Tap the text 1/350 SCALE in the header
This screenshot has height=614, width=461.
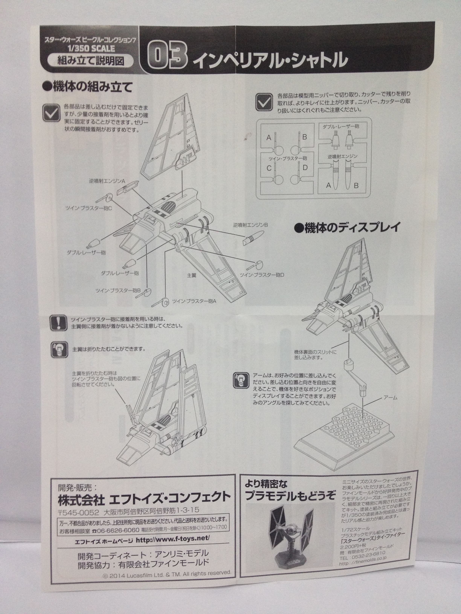coord(91,48)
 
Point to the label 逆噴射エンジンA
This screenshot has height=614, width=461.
coord(107,181)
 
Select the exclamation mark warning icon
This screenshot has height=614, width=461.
coord(59,323)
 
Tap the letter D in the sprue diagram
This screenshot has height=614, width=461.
coord(305,168)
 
